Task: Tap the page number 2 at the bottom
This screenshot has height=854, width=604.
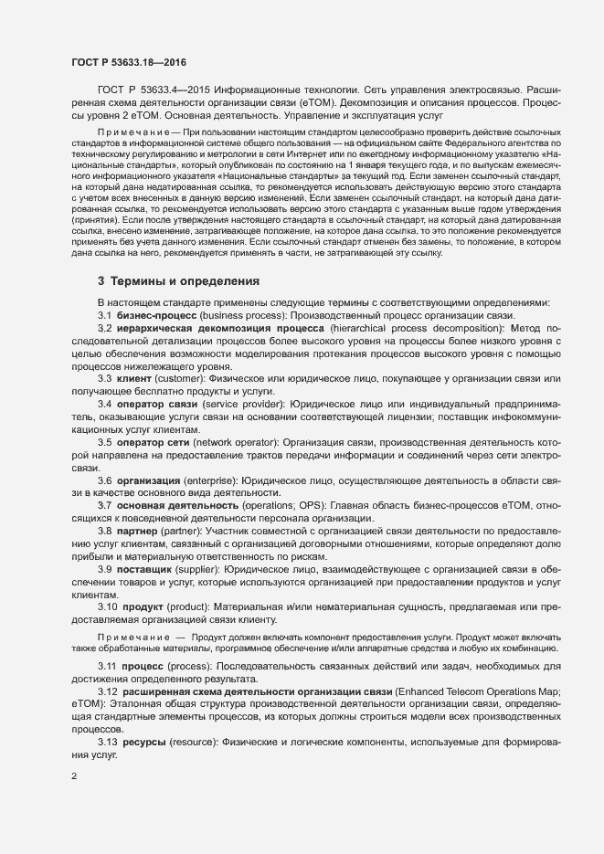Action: point(74,776)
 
